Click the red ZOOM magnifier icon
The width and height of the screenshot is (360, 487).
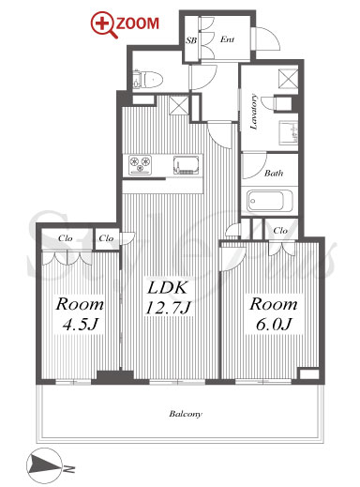103,25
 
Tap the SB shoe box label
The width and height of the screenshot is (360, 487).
191,40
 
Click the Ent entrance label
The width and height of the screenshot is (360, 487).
227,39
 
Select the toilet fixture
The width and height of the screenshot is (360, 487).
148,80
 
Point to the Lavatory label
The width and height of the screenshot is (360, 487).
254,112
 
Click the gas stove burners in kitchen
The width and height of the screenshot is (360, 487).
140,165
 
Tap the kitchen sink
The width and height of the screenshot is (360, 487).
187,165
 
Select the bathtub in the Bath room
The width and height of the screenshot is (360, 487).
270,201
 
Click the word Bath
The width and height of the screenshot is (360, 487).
274,173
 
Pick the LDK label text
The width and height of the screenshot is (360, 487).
168,288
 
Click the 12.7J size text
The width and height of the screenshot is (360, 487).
168,308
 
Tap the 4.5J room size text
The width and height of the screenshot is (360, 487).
81,325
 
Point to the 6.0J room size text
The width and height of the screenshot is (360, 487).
274,325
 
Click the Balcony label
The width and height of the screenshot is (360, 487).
186,414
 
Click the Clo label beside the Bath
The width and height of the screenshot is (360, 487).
280,231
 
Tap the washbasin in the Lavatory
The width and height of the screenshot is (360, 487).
288,133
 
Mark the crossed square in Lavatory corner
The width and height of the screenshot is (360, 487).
288,78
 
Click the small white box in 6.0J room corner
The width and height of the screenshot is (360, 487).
309,374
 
